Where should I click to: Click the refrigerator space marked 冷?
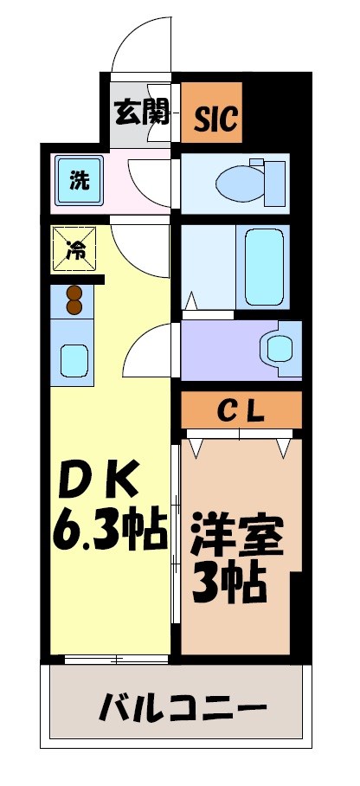[75, 250]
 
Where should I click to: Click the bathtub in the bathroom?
[264, 266]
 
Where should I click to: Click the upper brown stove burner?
[74, 293]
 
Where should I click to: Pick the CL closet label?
[241, 409]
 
